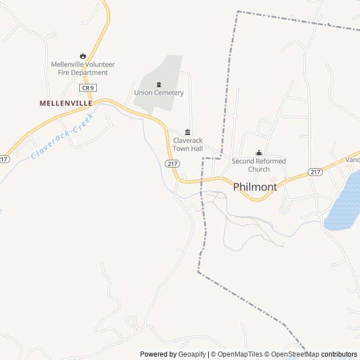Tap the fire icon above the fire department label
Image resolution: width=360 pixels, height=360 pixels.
tap(83, 56)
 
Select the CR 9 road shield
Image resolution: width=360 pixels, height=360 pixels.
tap(87, 88)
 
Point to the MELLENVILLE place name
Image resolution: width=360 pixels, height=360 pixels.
tap(66, 103)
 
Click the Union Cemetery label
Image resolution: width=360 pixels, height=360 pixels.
tap(159, 93)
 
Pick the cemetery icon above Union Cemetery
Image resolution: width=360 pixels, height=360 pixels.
tap(159, 84)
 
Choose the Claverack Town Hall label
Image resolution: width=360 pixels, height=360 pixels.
tap(187, 145)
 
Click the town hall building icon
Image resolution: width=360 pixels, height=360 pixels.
tap(187, 132)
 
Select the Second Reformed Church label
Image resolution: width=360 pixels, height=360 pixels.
tap(259, 165)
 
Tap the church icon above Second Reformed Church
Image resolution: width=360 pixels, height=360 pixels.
tap(259, 152)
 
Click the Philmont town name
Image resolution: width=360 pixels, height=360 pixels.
tap(255, 187)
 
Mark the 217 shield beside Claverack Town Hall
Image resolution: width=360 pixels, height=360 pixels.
tap(172, 163)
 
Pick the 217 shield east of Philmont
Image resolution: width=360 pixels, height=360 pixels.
tap(315, 172)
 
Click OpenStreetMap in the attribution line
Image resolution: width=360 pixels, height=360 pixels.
tap(295, 354)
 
